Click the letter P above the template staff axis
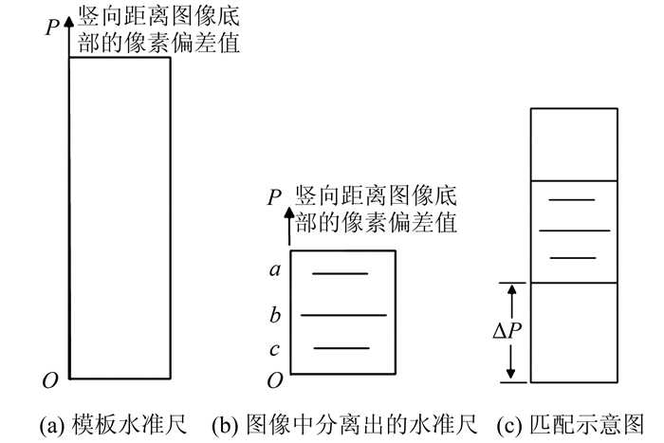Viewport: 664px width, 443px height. [x=53, y=28]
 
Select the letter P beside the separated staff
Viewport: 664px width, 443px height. [x=274, y=197]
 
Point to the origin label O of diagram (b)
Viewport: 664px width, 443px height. [x=274, y=380]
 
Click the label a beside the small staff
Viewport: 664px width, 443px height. [x=275, y=270]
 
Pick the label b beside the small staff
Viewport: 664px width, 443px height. [x=275, y=313]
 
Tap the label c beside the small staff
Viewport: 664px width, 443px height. [x=274, y=350]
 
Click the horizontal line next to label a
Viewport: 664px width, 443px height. [x=340, y=274]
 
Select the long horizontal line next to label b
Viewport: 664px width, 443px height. [x=343, y=314]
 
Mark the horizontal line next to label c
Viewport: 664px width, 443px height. [x=341, y=348]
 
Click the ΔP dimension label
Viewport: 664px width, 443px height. [x=504, y=332]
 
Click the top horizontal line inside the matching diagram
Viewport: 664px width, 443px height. [x=572, y=200]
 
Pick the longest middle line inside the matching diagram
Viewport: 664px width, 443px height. [x=574, y=231]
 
